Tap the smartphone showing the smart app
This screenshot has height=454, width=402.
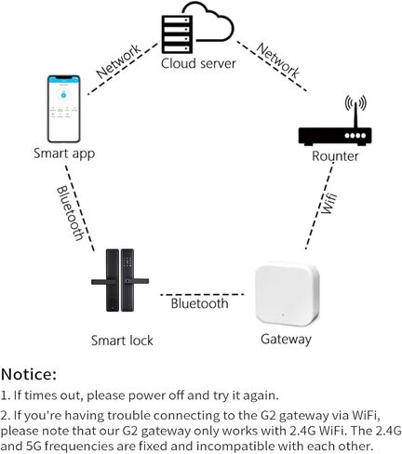64,109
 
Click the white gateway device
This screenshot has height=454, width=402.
288,294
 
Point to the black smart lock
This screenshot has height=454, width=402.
120,280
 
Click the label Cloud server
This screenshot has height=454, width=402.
198,63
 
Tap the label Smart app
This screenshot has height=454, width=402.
64,154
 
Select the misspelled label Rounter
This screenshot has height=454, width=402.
335,156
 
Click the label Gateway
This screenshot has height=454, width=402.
286,340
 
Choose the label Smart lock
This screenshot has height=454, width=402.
122,340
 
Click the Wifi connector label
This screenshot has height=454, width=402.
328,203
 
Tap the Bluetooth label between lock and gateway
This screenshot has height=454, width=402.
199,303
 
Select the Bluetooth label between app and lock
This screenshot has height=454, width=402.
70,213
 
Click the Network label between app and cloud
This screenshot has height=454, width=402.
118,61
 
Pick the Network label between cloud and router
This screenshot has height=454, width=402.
278,60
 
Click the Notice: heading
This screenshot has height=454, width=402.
29,374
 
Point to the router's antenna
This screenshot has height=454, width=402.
355,111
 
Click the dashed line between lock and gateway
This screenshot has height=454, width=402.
202,294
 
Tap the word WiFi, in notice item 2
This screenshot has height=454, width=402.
366,415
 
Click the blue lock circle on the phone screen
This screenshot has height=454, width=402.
63,95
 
